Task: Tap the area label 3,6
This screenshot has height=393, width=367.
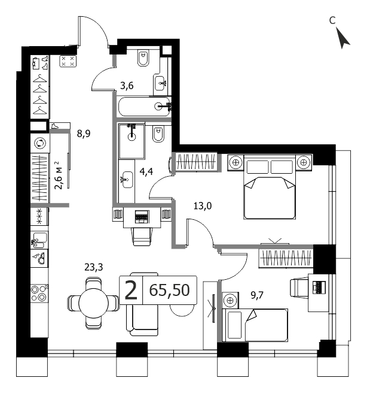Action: click(127, 86)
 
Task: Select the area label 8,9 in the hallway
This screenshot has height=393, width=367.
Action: click(84, 134)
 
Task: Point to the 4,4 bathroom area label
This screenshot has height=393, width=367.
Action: click(146, 172)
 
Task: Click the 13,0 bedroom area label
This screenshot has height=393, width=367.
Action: click(203, 206)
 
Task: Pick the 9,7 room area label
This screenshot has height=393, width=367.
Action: click(257, 295)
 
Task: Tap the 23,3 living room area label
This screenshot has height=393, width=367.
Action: click(94, 267)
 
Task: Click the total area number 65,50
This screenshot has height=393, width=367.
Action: click(170, 290)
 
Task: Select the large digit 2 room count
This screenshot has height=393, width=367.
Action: click(131, 290)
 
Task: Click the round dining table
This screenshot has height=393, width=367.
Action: click(93, 303)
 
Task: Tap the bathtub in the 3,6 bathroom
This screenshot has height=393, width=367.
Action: click(145, 106)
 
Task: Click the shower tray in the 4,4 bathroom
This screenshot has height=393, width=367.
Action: click(131, 141)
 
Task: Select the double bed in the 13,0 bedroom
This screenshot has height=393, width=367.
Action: click(270, 187)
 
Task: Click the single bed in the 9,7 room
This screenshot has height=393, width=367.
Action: click(255, 325)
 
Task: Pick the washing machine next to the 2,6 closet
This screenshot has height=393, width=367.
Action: click(40, 143)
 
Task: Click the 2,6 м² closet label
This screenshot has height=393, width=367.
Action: click(59, 175)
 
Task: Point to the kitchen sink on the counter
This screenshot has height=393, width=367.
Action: click(39, 240)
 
